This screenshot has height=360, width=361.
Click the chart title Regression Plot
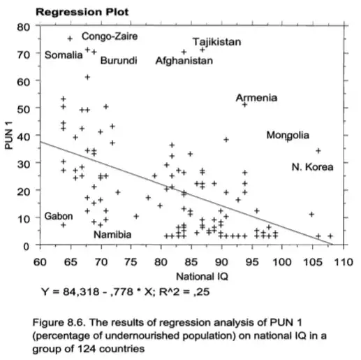[82, 12]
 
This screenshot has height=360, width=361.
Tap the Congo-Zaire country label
[110, 36]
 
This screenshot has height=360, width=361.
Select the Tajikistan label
[217, 42]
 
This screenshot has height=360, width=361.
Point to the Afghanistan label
[184, 61]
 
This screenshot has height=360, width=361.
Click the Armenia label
[256, 98]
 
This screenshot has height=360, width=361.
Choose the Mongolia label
[288, 136]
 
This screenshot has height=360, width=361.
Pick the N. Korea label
[312, 167]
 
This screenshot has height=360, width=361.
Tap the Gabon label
[59, 216]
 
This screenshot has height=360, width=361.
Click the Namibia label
[112, 235]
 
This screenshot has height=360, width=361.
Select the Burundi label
[119, 61]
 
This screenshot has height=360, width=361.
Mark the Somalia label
[64, 55]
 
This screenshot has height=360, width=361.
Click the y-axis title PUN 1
[9, 136]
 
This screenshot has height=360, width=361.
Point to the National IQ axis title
[202, 277]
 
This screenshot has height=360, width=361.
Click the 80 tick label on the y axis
[24, 27]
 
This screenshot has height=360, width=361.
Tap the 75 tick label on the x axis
[131, 262]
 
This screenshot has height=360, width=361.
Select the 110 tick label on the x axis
[344, 262]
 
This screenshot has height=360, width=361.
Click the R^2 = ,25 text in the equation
[184, 291]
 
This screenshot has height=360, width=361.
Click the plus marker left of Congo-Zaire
[70, 38]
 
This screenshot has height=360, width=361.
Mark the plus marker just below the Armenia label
[244, 105]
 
